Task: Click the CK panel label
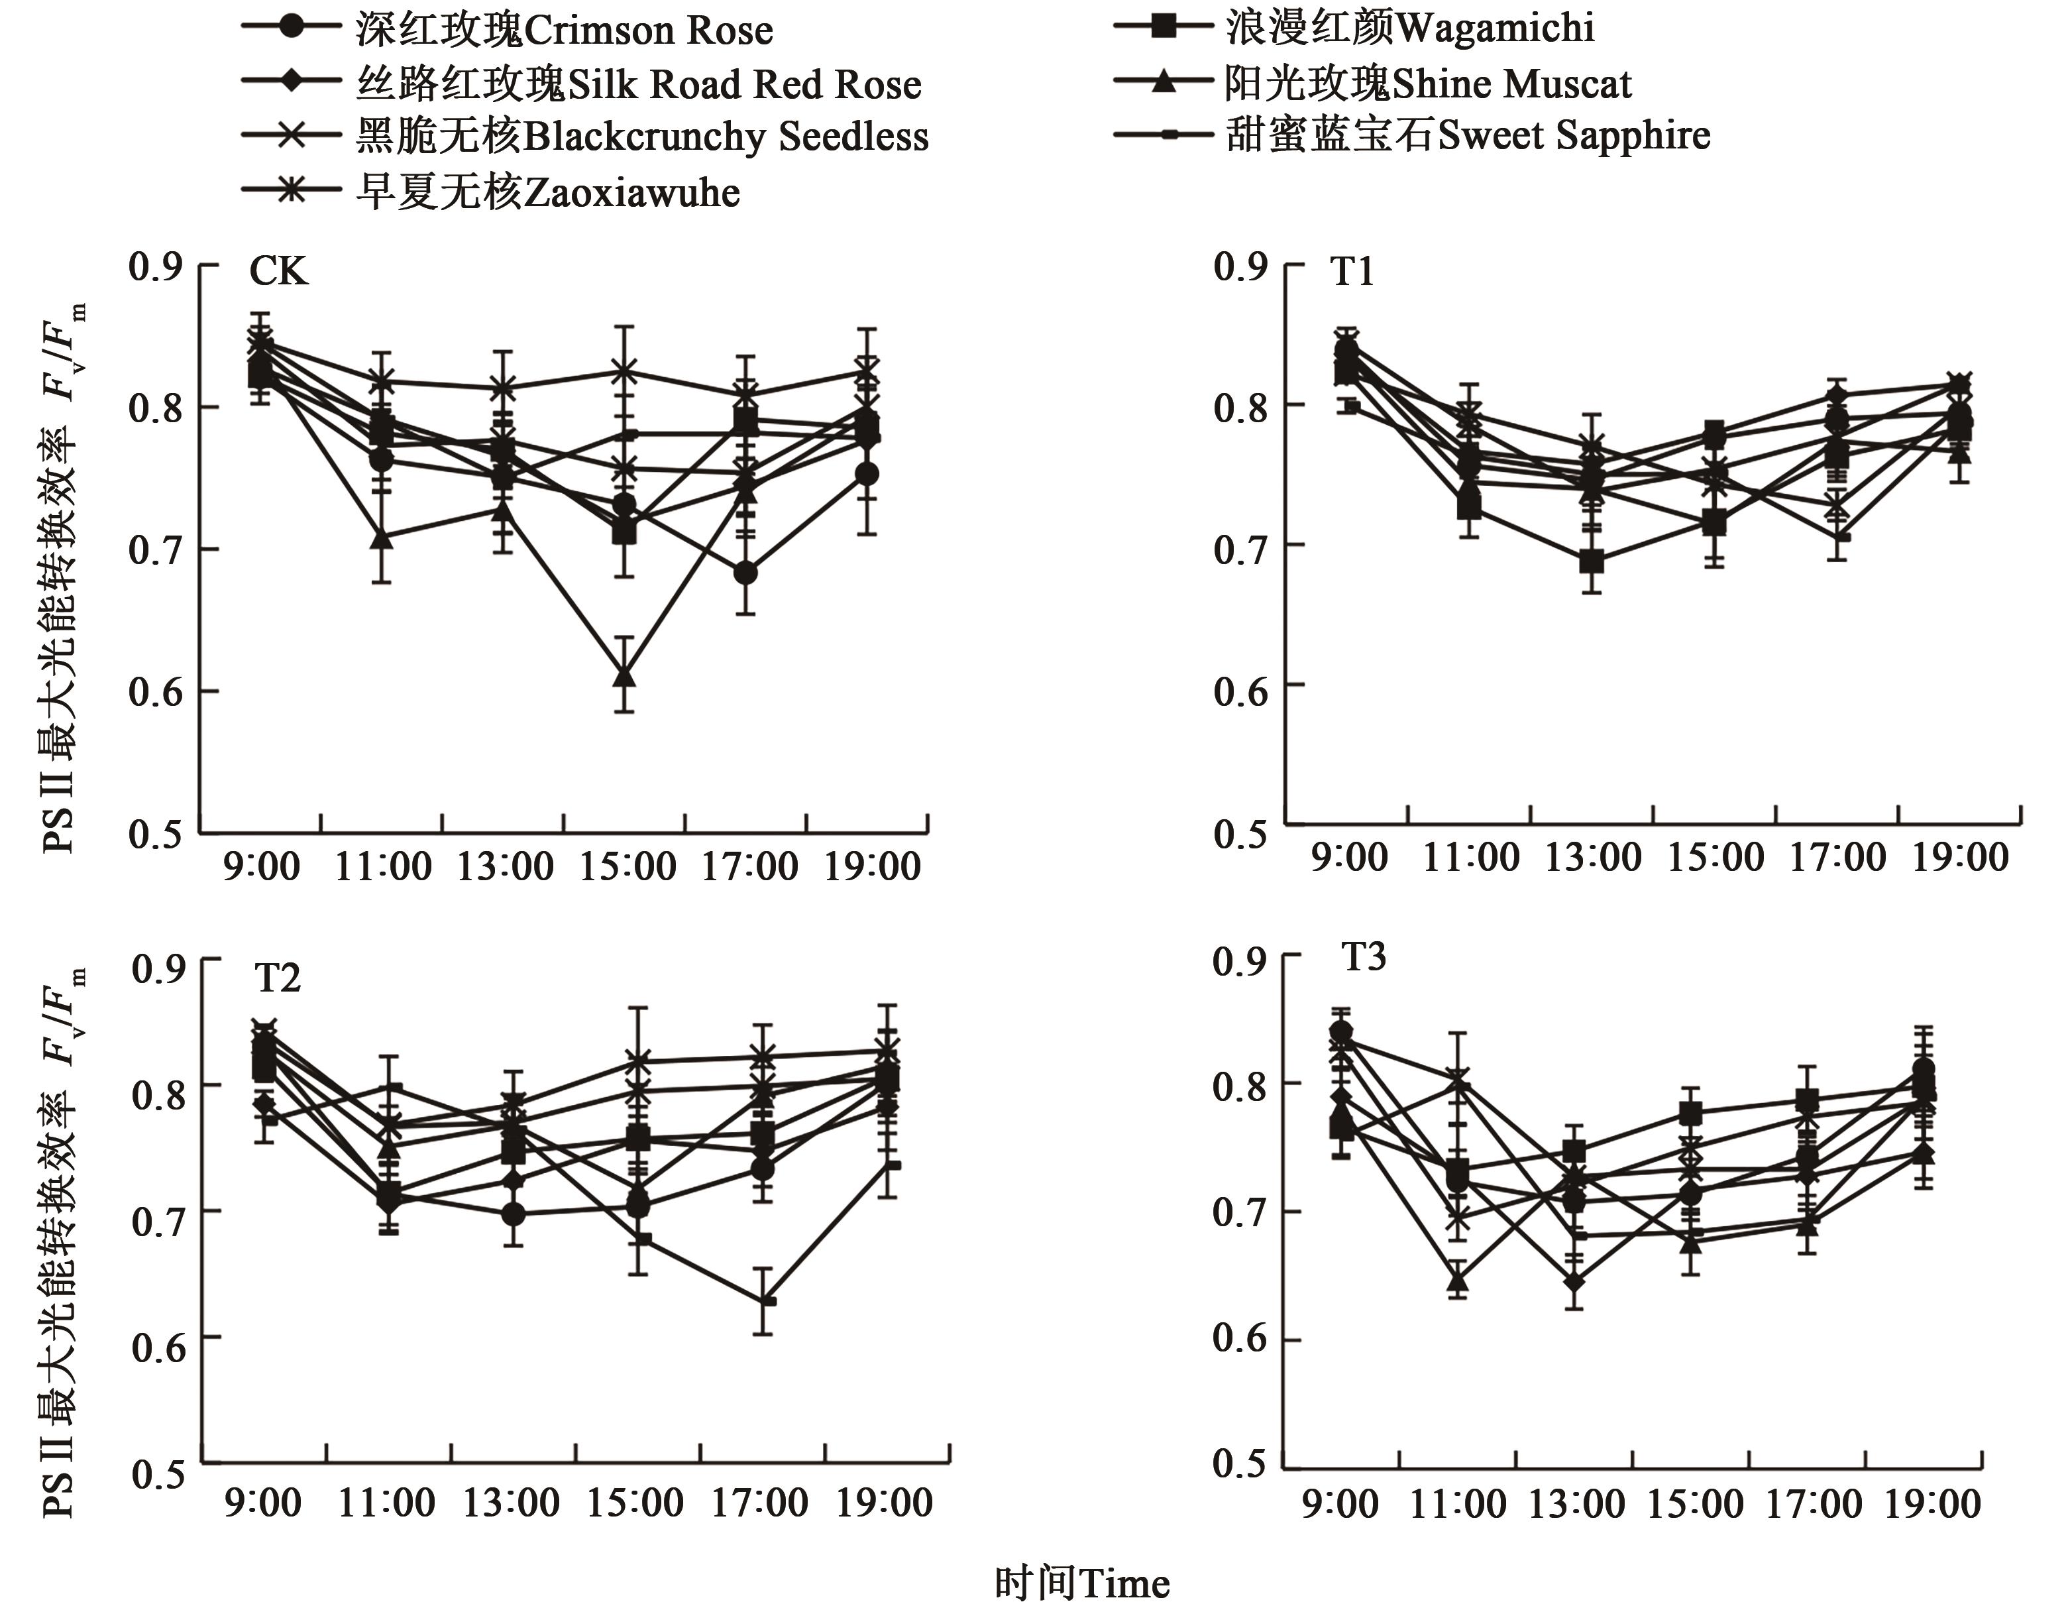tap(278, 272)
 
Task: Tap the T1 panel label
tap(1352, 272)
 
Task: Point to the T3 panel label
tap(1364, 957)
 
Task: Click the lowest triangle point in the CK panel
tap(624, 677)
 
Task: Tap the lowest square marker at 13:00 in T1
tap(1592, 561)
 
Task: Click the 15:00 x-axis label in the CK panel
tap(627, 866)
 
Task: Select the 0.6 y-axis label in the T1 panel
tap(1240, 691)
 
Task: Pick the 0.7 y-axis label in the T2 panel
tap(159, 1222)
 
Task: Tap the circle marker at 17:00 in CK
tap(745, 573)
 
